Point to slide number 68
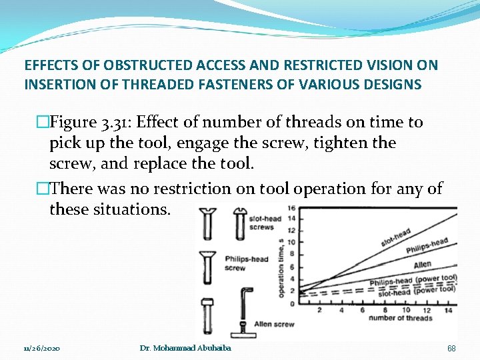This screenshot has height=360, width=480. click(451, 349)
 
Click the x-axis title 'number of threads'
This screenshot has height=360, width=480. click(401, 318)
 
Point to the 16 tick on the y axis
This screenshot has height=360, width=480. click(291, 209)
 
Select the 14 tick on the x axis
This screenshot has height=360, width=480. click(447, 310)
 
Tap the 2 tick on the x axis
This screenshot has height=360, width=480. click(319, 310)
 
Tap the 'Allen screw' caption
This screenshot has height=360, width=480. click(273, 324)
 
